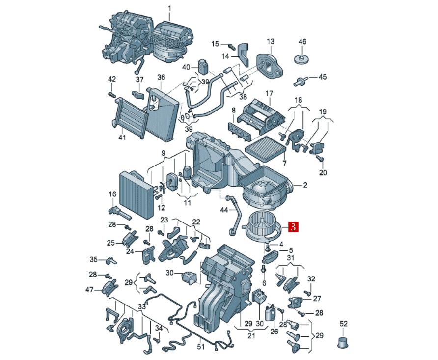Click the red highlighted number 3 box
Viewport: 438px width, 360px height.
click(x=293, y=227)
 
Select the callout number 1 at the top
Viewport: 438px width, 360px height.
click(x=170, y=8)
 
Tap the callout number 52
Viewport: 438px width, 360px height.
click(x=343, y=324)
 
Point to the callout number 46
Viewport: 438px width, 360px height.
click(x=302, y=42)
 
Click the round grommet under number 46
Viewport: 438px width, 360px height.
click(x=302, y=59)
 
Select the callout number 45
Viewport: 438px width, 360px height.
click(x=322, y=77)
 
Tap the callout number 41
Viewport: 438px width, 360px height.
click(x=122, y=138)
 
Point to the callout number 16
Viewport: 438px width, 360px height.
click(x=112, y=194)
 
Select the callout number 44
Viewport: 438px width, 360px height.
click(x=223, y=210)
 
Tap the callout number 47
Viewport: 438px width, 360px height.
click(x=89, y=290)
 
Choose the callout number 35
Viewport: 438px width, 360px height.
click(x=93, y=259)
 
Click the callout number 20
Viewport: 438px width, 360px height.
click(x=323, y=172)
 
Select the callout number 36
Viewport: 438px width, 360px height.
click(x=161, y=77)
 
